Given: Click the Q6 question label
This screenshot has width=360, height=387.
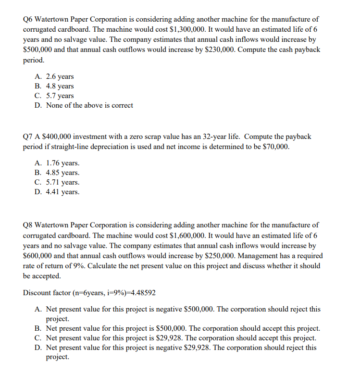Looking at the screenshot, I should (x=28, y=19).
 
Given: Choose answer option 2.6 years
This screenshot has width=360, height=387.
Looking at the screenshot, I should (x=60, y=76).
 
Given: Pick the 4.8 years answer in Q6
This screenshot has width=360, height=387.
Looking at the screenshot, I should (x=60, y=86).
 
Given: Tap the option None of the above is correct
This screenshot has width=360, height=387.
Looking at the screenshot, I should (x=89, y=105).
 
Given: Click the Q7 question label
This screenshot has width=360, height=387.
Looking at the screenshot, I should (x=28, y=137).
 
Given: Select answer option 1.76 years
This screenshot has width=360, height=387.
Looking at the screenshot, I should (x=63, y=163).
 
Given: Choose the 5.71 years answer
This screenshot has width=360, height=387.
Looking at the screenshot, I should (x=63, y=182).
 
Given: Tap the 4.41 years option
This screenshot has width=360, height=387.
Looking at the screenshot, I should (x=63, y=192).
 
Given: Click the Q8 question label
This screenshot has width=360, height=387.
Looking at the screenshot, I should (x=28, y=225).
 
